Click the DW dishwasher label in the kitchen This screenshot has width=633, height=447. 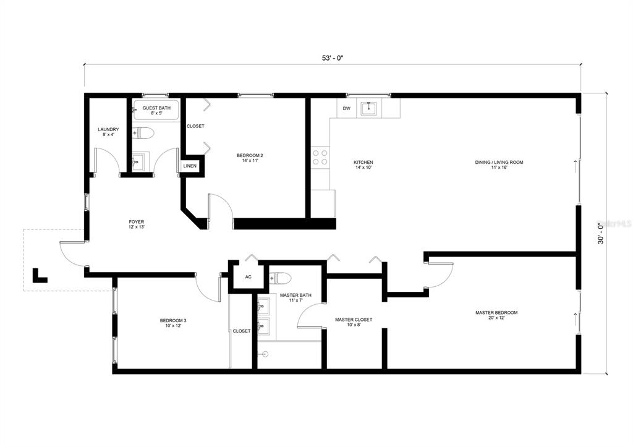pyautogui.click(x=346, y=109)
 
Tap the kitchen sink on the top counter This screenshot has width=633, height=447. pyautogui.click(x=368, y=108)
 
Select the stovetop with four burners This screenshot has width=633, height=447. pyautogui.click(x=320, y=157)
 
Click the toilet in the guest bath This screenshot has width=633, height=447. pyautogui.click(x=143, y=133)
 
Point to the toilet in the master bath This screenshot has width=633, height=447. pyautogui.click(x=281, y=278)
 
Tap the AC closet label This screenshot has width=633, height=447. pyautogui.click(x=249, y=277)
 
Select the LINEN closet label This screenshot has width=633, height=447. pyautogui.click(x=190, y=166)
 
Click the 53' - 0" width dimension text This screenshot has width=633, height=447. pyautogui.click(x=332, y=57)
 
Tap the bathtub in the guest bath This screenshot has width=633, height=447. pyautogui.click(x=156, y=110)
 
